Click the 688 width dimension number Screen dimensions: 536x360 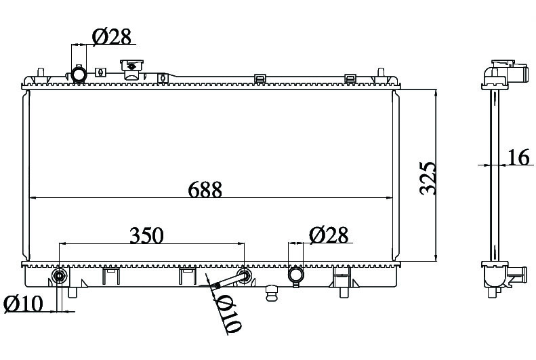click(205, 189)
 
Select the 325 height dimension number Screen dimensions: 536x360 click(428, 178)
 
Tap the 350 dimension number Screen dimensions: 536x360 click(146, 235)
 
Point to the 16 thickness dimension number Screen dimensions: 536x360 click(519, 157)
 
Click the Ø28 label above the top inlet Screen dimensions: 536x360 click(112, 37)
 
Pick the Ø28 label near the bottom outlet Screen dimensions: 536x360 click(329, 235)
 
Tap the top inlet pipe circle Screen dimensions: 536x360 click(79, 73)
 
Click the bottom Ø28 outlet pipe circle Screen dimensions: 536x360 click(295, 275)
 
